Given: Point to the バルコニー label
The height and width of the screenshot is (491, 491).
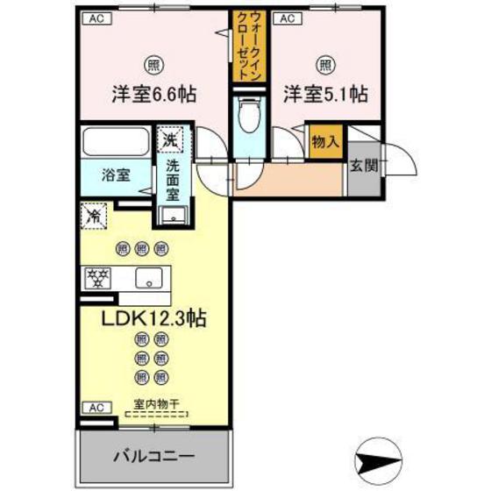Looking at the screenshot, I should (x=154, y=457).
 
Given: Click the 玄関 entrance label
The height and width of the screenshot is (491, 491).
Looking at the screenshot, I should (x=362, y=165).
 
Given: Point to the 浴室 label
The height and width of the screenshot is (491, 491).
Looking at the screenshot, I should (x=116, y=174).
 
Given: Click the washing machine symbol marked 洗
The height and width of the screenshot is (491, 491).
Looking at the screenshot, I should (x=169, y=138).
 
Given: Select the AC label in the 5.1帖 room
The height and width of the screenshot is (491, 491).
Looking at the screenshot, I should (x=285, y=18).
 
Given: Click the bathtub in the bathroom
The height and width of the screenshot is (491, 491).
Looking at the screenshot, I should (x=117, y=142).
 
